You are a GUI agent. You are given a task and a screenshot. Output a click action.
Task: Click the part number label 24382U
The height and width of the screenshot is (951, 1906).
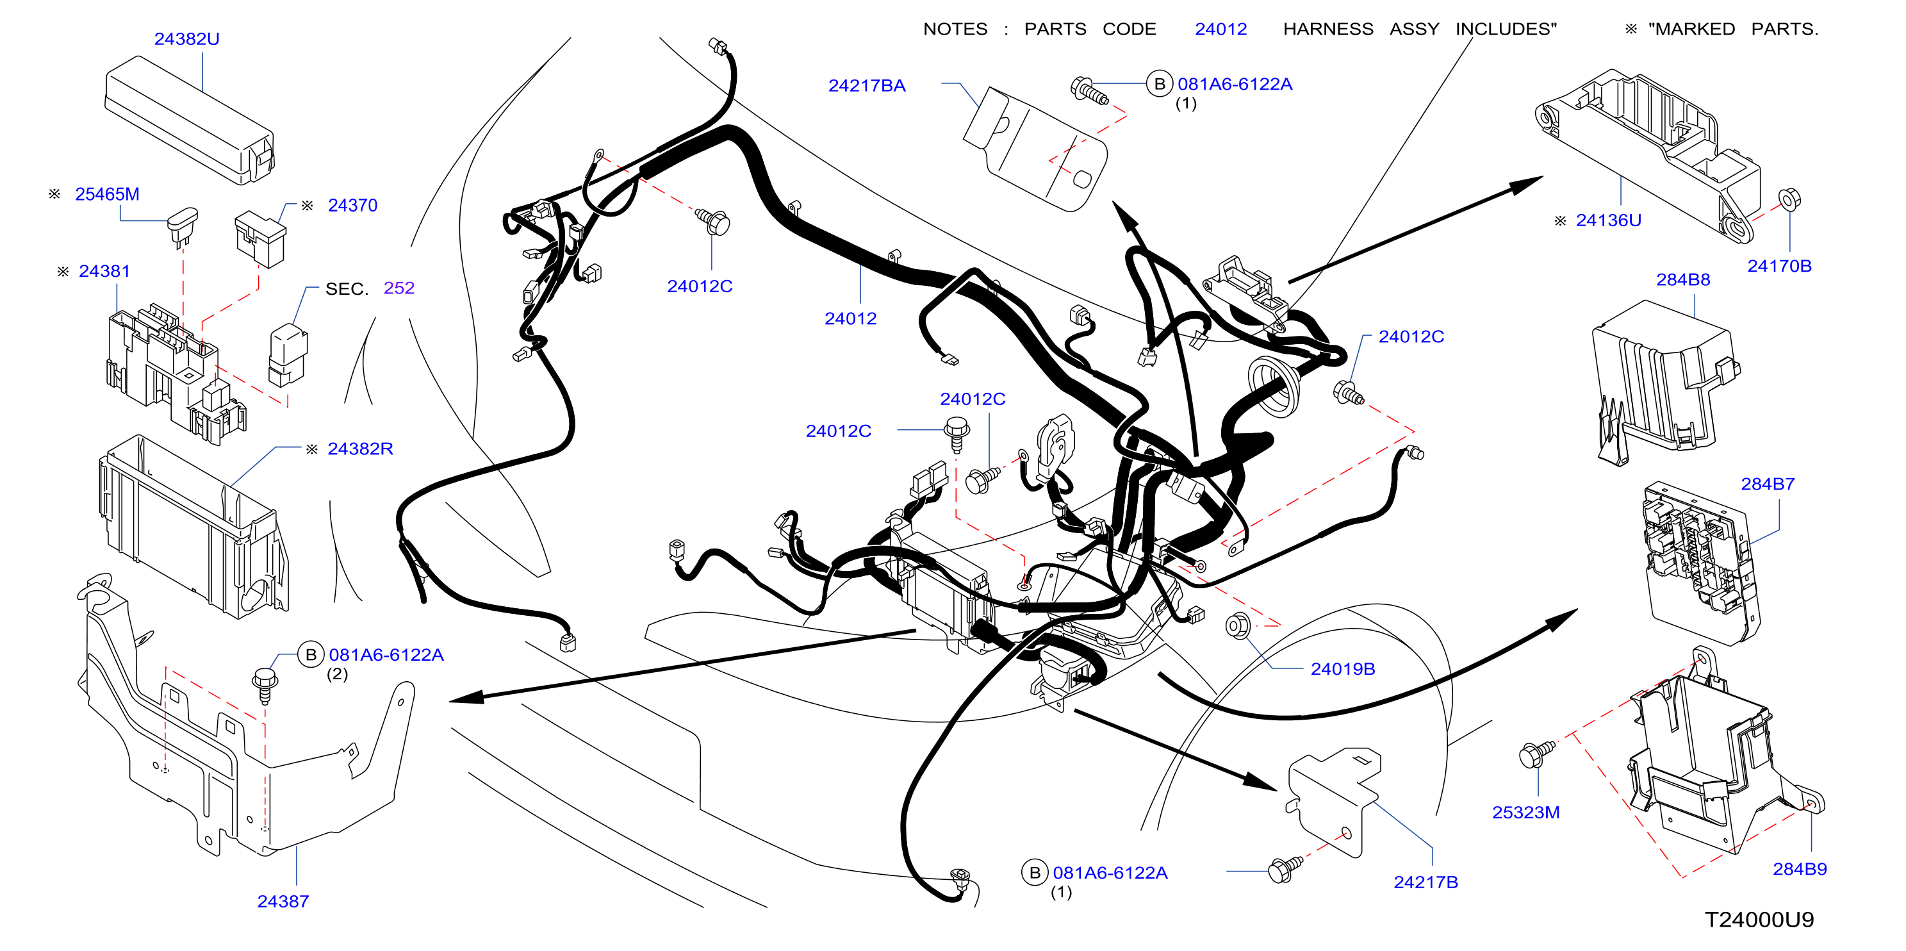[186, 38]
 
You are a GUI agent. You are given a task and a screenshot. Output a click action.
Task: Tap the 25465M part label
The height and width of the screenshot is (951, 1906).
[107, 194]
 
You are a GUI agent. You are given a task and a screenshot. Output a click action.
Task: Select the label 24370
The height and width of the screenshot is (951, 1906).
[352, 205]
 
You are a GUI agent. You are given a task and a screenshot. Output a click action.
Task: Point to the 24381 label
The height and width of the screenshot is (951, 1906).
[104, 271]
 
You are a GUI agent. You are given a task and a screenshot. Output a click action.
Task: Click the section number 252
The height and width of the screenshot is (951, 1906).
[398, 288]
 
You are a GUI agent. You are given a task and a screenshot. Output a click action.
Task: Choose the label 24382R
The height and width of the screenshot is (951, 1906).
[360, 449]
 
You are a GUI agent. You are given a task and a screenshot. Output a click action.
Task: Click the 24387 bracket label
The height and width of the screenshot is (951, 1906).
[283, 902]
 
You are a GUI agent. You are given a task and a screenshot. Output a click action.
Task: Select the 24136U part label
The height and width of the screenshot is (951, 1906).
[1609, 220]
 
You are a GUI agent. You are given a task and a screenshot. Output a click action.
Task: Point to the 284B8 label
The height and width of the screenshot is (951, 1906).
[1682, 280]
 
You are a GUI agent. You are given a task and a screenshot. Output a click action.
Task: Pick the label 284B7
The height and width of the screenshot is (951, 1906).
[1767, 484]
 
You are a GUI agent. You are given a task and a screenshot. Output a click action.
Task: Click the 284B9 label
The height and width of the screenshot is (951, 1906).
[1800, 869]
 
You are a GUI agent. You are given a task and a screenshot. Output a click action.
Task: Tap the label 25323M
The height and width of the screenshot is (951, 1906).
[1525, 813]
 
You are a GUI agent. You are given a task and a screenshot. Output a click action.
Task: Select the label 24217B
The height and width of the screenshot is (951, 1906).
[1425, 882]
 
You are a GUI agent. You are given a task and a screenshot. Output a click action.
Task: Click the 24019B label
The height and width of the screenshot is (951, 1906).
[1342, 669]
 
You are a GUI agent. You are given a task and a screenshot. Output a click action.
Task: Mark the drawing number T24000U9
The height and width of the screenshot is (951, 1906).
[1759, 920]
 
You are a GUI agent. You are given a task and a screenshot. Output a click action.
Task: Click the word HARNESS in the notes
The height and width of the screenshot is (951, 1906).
[1328, 29]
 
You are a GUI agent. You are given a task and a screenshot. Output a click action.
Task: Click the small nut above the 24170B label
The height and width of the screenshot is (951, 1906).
[1789, 199]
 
